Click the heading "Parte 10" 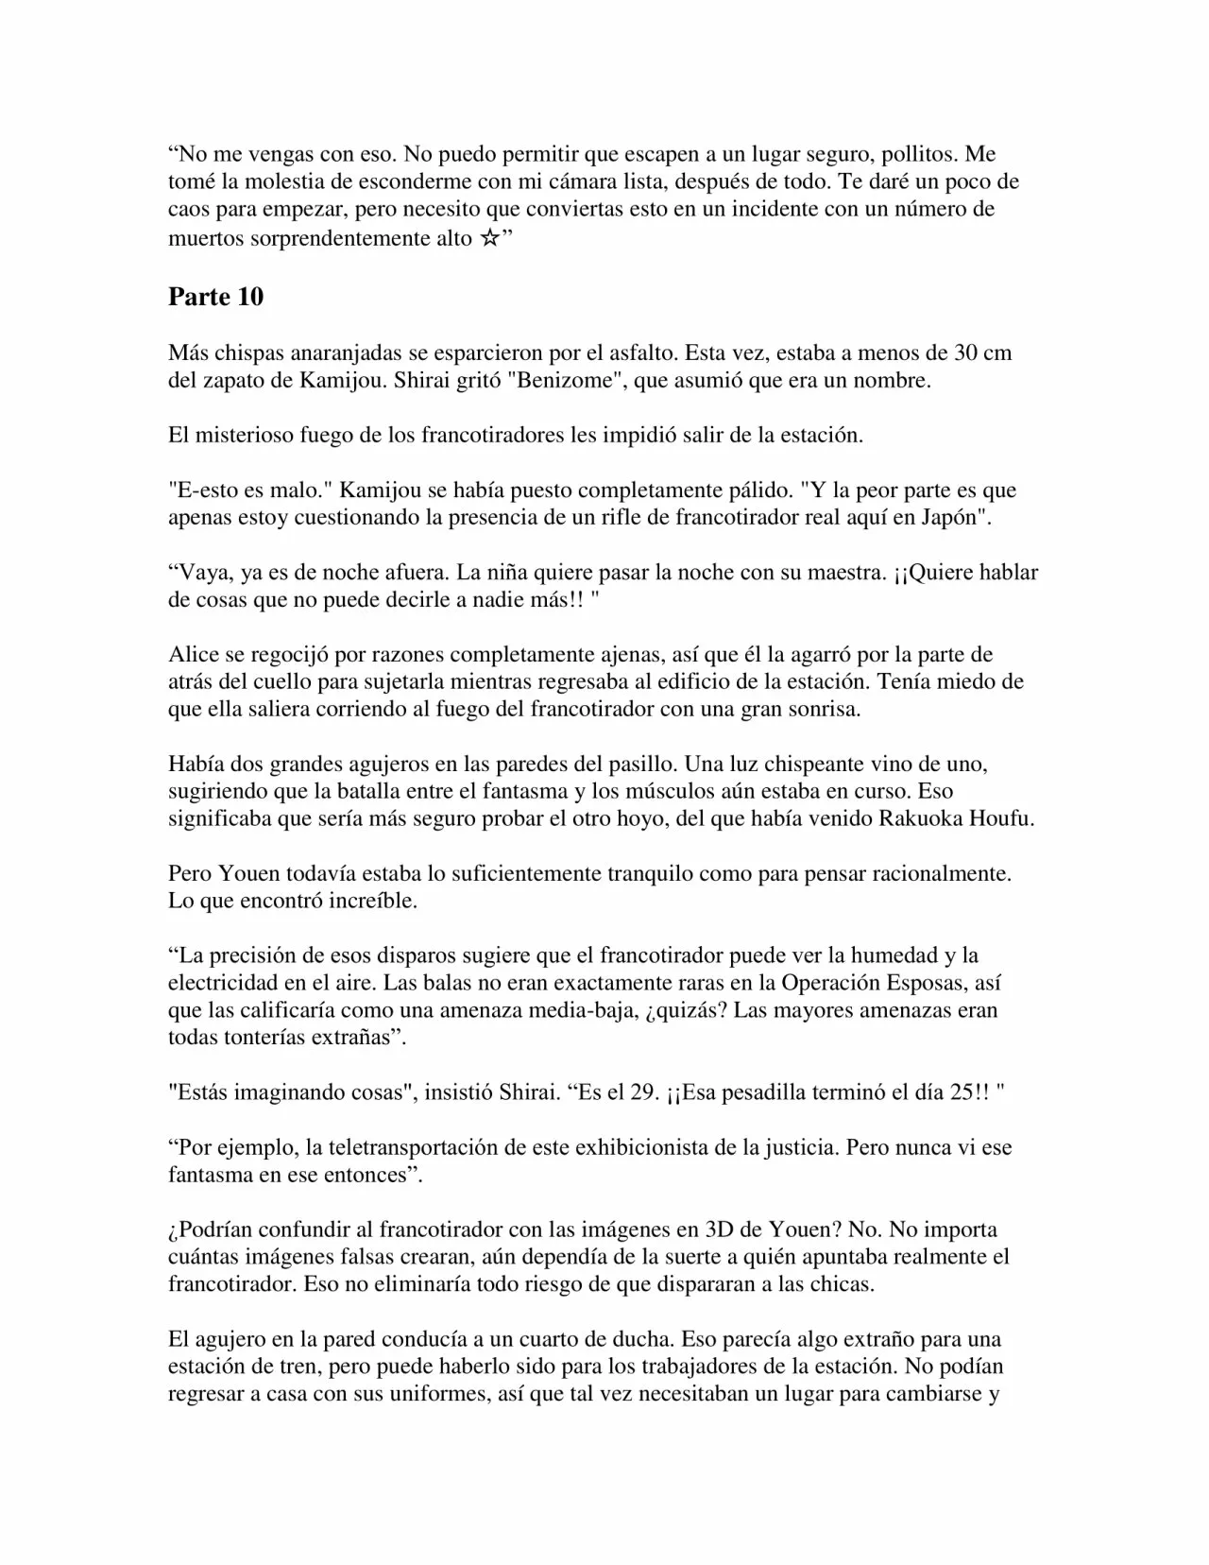point(215,297)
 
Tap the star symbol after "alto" point(488,238)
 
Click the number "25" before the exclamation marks point(966,1092)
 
